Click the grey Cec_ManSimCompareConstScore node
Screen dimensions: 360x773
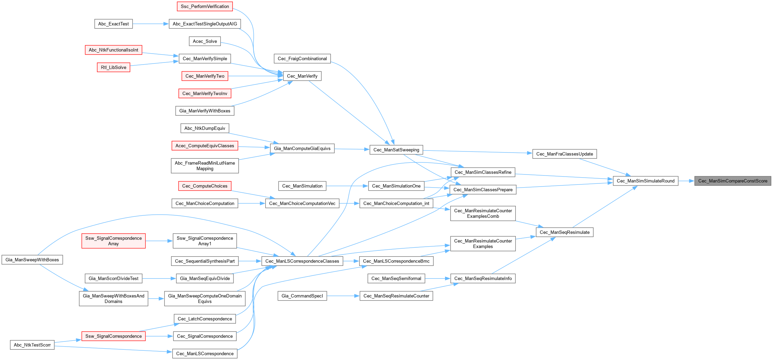(x=732, y=181)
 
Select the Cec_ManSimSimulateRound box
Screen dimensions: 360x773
(x=645, y=181)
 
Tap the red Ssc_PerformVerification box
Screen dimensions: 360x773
(x=205, y=7)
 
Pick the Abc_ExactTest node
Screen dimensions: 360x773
(x=113, y=24)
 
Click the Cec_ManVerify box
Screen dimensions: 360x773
(x=302, y=76)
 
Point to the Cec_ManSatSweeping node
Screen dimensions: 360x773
(x=396, y=150)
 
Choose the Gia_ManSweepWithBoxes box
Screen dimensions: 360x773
(x=32, y=260)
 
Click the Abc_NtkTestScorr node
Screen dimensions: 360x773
(x=32, y=345)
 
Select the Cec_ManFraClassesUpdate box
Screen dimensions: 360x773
(x=564, y=154)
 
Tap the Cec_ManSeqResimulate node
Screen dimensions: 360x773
(x=564, y=232)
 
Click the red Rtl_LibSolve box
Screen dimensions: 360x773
(x=113, y=67)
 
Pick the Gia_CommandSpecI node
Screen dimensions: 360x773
(x=302, y=296)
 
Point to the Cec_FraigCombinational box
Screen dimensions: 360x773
(x=302, y=59)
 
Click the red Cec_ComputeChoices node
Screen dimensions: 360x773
(x=205, y=186)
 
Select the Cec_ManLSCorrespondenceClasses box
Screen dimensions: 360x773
(x=302, y=261)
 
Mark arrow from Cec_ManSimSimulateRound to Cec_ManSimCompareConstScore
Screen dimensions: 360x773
(x=686, y=181)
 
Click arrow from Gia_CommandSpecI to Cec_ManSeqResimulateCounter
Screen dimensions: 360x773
(x=343, y=296)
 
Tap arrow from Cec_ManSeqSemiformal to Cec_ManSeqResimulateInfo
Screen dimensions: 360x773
(x=437, y=278)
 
